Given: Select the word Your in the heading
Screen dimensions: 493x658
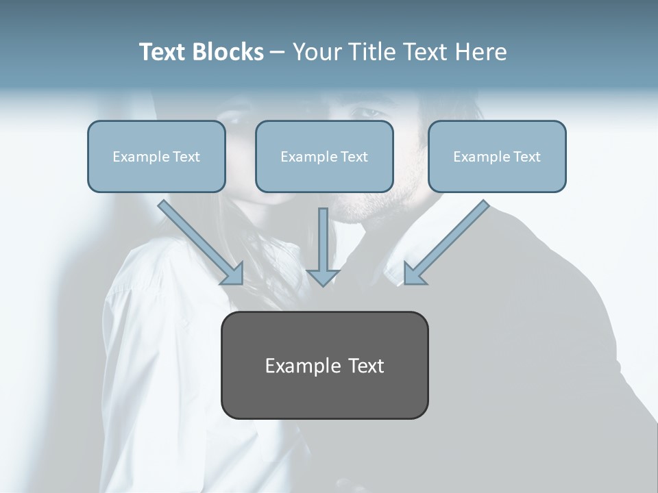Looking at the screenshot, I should [317, 52].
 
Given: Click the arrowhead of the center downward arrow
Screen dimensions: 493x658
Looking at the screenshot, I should [323, 277].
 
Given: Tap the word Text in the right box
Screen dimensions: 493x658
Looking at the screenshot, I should [526, 157].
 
